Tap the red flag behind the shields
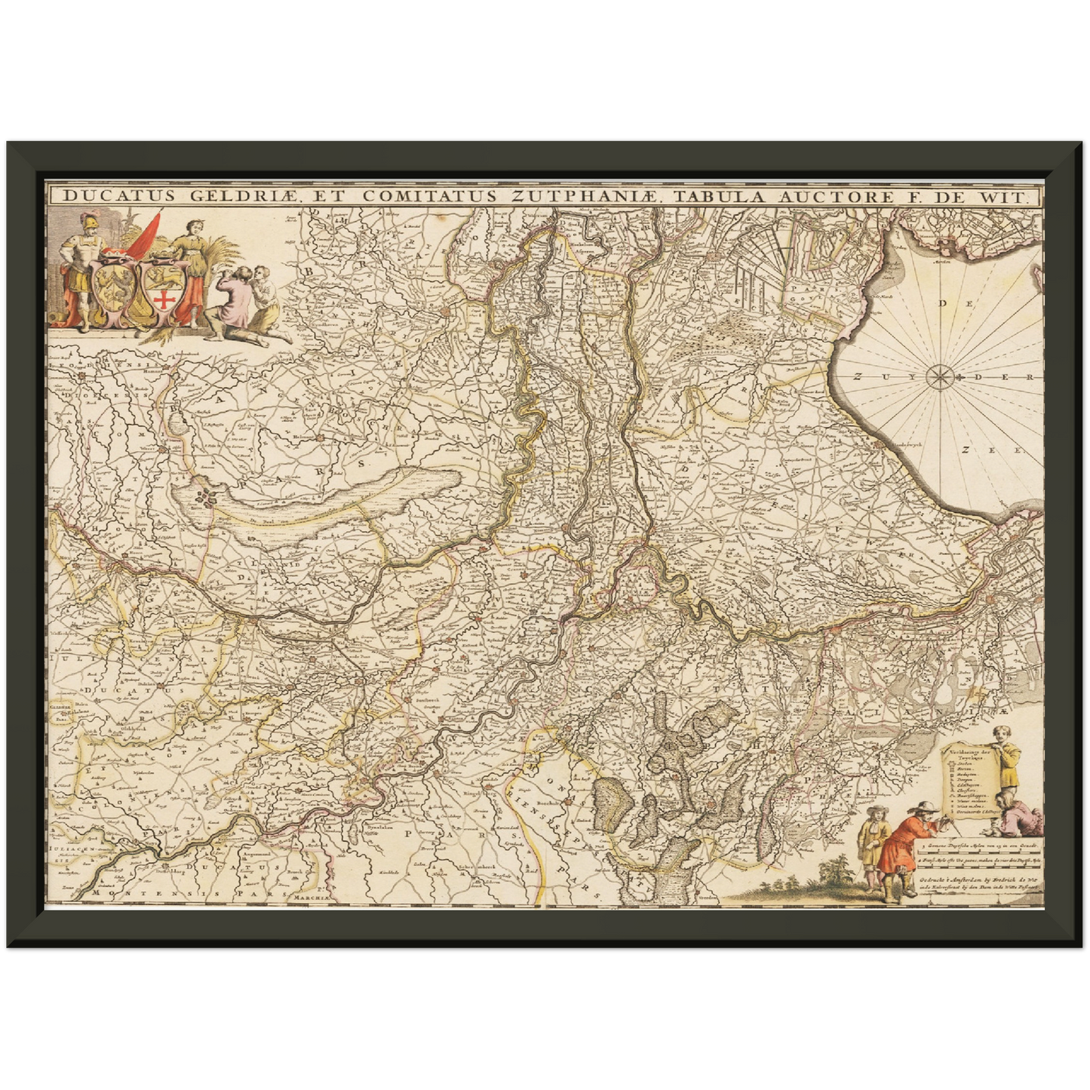point(144,235)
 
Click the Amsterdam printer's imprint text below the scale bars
point(978,882)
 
